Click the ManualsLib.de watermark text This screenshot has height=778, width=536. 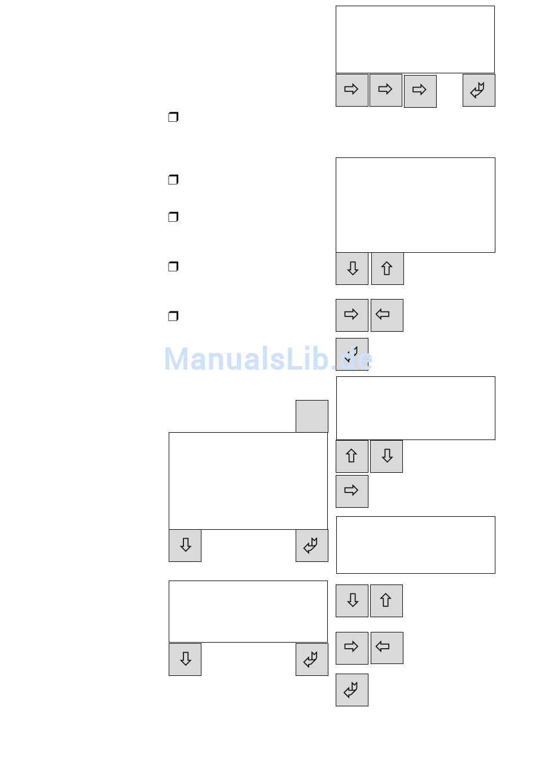[x=268, y=359]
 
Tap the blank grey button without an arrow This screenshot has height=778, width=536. [x=311, y=416]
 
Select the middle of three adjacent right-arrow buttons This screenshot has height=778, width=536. [x=385, y=90]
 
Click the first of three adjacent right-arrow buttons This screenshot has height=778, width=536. [x=352, y=90]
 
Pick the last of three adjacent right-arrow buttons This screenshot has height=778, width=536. [x=420, y=91]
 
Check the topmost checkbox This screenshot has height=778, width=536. [x=173, y=117]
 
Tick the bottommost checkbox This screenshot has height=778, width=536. [x=173, y=316]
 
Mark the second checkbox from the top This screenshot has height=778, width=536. [x=173, y=179]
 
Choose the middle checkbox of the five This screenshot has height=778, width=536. [x=173, y=217]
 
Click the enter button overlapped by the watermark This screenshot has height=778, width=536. [x=352, y=354]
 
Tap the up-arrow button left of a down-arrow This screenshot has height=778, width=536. [x=352, y=456]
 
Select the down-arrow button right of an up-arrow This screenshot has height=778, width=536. [x=386, y=456]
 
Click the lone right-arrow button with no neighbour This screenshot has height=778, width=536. [x=352, y=491]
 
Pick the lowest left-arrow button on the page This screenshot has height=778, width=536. [x=386, y=648]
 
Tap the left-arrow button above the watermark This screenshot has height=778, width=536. [x=386, y=315]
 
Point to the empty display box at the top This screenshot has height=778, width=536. [x=415, y=39]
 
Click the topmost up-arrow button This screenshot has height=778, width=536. [x=387, y=269]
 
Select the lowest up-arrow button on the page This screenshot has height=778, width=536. [x=386, y=600]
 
